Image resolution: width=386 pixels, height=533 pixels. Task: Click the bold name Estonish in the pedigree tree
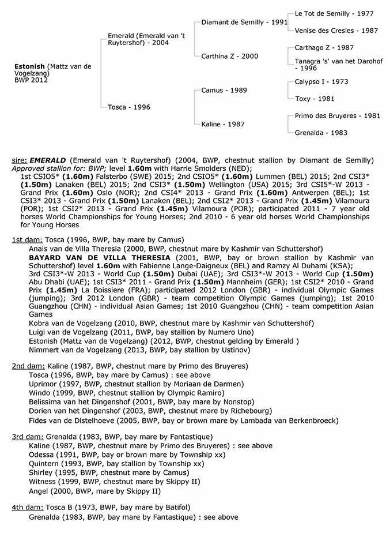31,66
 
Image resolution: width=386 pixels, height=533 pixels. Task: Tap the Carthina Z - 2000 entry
229,57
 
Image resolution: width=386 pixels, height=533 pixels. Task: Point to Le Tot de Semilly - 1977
330,13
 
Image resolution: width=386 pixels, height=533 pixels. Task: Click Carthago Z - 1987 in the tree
324,48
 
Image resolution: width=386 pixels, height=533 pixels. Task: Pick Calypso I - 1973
321,82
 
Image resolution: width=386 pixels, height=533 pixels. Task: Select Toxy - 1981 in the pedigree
315,99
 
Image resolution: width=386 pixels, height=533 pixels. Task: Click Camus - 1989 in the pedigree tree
224,91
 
